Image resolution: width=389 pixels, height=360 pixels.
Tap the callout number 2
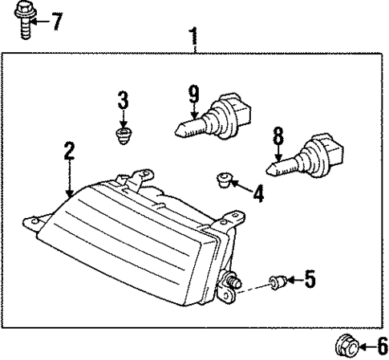click(70, 150)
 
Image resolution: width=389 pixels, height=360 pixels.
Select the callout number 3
click(123, 100)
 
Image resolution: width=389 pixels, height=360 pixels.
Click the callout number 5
click(310, 280)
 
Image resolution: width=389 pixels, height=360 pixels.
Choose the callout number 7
click(56, 21)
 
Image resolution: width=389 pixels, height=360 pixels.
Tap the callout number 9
click(193, 95)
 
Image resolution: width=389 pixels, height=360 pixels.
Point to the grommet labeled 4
click(225, 179)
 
